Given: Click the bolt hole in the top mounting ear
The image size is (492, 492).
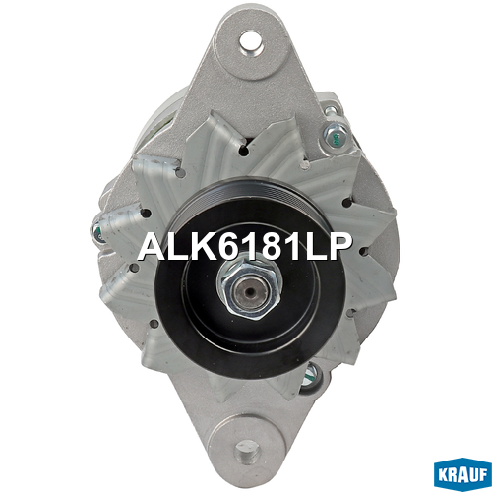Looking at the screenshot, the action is click(x=251, y=40).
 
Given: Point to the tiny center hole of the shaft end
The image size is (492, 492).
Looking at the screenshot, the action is click(x=251, y=291).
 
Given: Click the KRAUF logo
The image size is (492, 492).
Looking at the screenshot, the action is click(x=462, y=475).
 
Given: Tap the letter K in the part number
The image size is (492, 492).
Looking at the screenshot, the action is click(x=201, y=247).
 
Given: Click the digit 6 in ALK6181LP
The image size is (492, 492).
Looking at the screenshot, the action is click(x=226, y=247).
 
